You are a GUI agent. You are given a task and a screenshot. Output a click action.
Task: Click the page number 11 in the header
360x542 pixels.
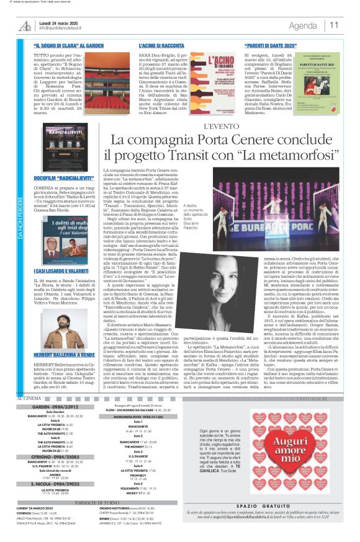point(335,25)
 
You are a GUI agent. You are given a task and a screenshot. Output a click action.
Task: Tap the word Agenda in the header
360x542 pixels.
point(303,25)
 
